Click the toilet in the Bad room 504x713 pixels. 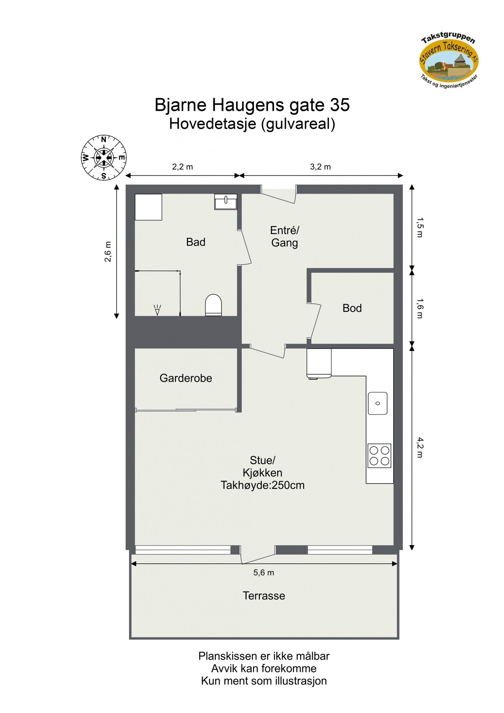(213, 305)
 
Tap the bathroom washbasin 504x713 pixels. (226, 202)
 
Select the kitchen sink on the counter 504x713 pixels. (378, 403)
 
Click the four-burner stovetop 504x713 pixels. (379, 456)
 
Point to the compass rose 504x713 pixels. (104, 158)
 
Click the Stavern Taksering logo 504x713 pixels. (449, 61)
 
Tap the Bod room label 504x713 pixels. (352, 308)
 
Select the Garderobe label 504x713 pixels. (186, 378)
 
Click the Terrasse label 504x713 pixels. (264, 596)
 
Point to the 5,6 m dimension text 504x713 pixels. (264, 572)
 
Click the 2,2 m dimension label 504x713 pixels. (183, 167)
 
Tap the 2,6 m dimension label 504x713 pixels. (108, 252)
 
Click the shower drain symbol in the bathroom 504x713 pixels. (157, 309)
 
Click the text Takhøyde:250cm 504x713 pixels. (262, 485)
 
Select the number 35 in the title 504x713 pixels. (340, 105)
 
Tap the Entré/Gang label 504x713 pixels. (285, 236)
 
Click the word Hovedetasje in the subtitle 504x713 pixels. (213, 124)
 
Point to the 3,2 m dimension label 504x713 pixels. (320, 167)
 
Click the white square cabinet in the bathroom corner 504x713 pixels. (148, 207)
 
